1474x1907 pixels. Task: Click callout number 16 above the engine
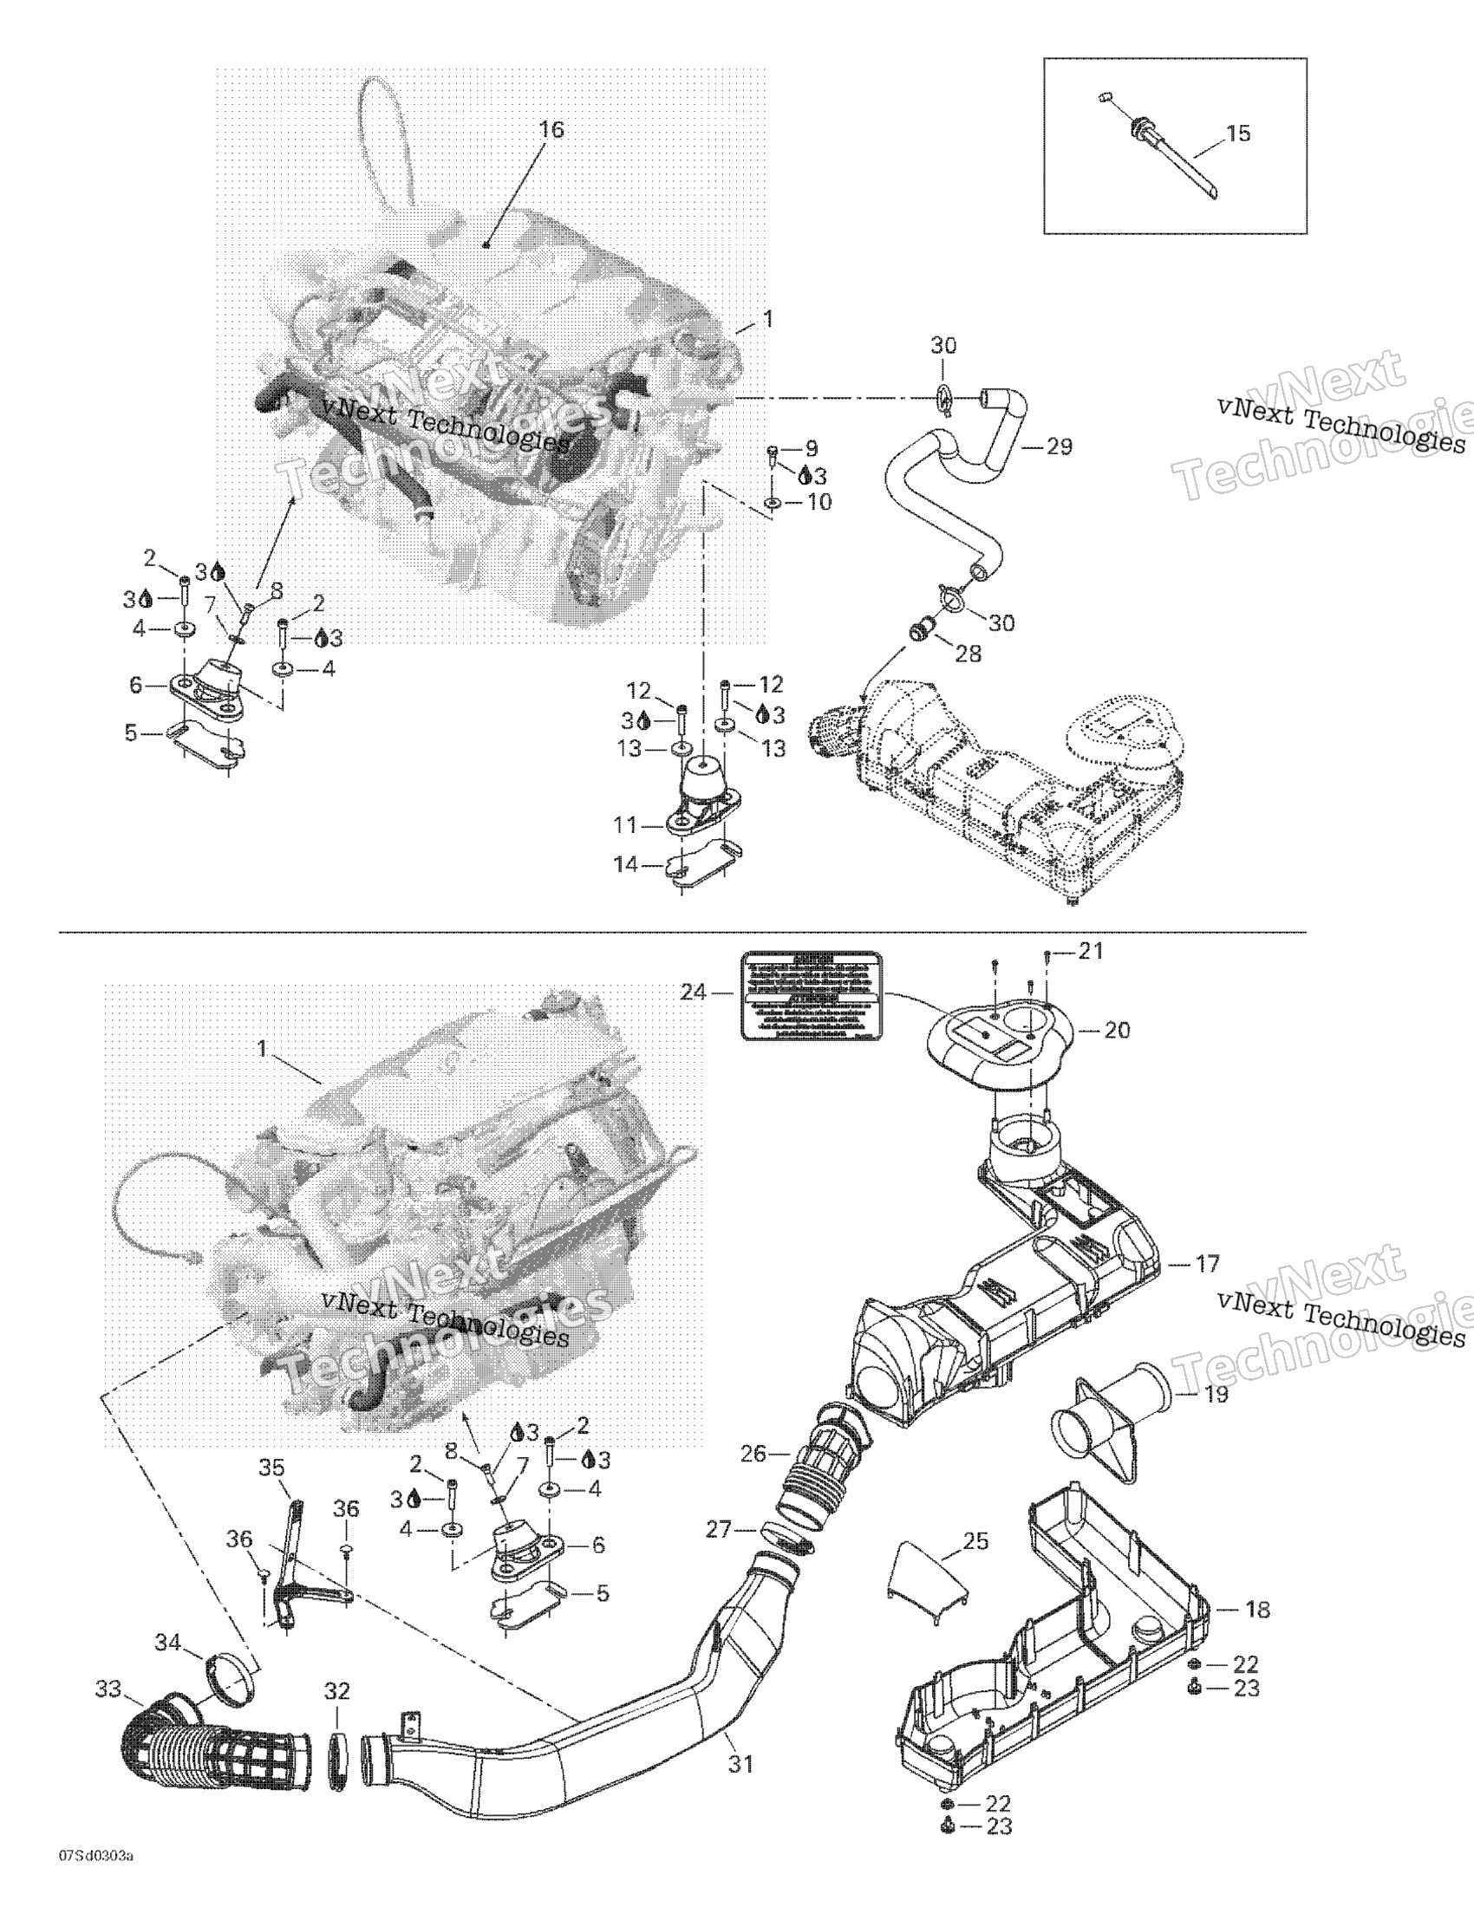pyautogui.click(x=551, y=130)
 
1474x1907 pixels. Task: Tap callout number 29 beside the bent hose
pyautogui.click(x=1060, y=447)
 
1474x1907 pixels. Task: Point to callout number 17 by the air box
pyautogui.click(x=1207, y=1263)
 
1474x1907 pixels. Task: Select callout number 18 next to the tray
pyautogui.click(x=1257, y=1610)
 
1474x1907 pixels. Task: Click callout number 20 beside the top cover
pyautogui.click(x=1117, y=1031)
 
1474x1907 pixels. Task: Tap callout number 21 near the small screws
pyautogui.click(x=1092, y=952)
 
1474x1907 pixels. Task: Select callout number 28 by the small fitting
pyautogui.click(x=969, y=653)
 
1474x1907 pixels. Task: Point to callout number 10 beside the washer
pyautogui.click(x=819, y=502)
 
